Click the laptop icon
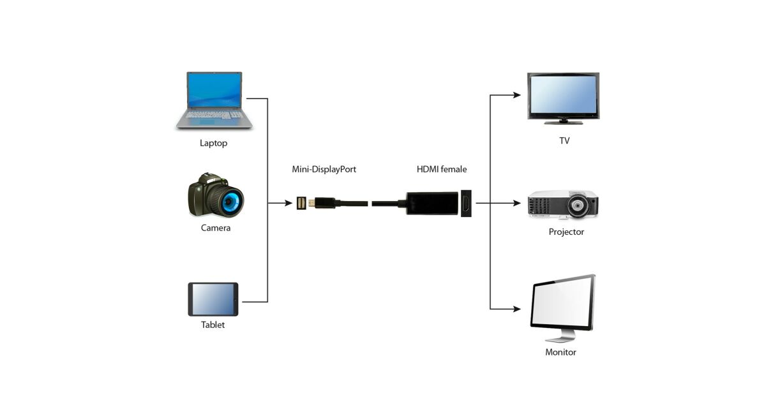[214, 101]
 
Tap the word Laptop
[213, 144]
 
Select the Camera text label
[216, 228]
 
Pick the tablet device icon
[213, 299]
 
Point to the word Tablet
[213, 325]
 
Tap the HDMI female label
[442, 170]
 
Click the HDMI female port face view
[467, 204]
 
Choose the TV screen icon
[563, 96]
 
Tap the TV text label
[564, 140]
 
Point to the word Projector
[566, 232]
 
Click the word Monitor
[560, 352]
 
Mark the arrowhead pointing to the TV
[517, 96]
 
